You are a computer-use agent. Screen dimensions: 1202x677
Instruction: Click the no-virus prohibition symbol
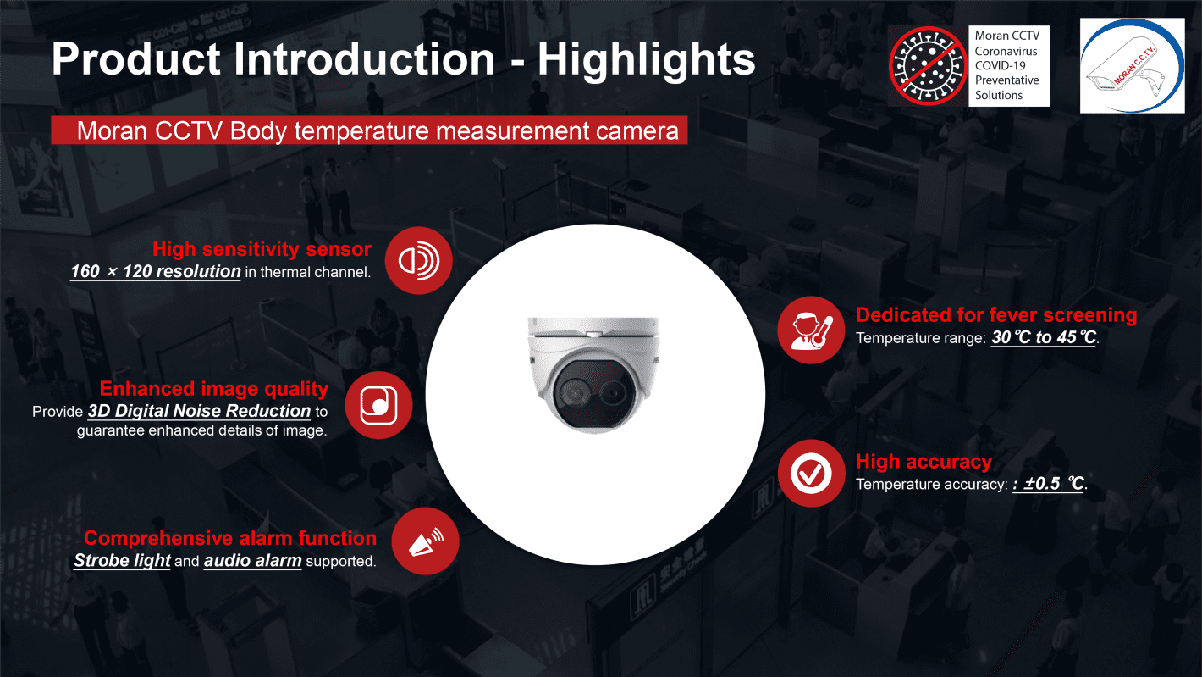click(x=928, y=65)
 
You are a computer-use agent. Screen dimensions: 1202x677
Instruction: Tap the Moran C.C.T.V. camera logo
click(x=1132, y=65)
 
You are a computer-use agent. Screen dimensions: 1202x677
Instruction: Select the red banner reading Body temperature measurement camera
click(x=369, y=130)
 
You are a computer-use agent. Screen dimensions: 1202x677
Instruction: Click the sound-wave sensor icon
click(x=418, y=261)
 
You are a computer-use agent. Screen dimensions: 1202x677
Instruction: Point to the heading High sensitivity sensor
click(x=262, y=249)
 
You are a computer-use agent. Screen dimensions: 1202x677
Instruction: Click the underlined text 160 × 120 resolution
click(x=156, y=271)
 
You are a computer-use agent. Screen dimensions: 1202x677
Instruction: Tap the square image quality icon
click(x=378, y=405)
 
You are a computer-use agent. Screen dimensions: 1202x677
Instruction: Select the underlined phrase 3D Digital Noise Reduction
click(x=199, y=411)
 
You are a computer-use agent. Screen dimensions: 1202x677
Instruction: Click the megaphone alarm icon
click(x=425, y=541)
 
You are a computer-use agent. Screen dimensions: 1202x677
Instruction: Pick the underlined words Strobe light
click(x=122, y=560)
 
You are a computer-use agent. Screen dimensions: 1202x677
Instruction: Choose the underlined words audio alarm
click(x=253, y=560)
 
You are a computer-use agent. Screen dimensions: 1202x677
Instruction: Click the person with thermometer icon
click(x=811, y=330)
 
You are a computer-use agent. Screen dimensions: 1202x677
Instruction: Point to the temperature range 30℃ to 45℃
click(x=1043, y=337)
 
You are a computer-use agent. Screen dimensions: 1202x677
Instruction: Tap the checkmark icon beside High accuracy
click(x=811, y=474)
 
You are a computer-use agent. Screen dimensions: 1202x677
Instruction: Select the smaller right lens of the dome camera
click(x=611, y=395)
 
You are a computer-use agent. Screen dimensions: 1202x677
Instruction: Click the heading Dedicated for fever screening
click(x=996, y=315)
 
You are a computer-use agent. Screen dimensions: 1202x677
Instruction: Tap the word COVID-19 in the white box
click(x=1001, y=65)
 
